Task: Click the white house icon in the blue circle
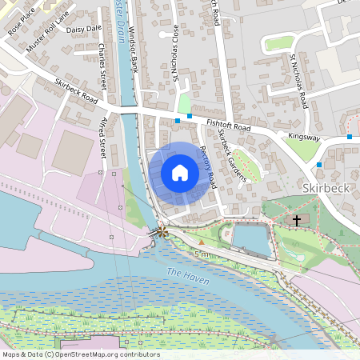(x=180, y=172)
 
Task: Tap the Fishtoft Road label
(x=228, y=126)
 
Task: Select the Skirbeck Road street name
(x=76, y=92)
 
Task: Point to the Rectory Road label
(x=209, y=166)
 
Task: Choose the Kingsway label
(x=304, y=138)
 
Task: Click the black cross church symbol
(x=297, y=219)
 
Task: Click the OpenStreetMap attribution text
(x=80, y=354)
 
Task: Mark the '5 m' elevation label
(x=201, y=254)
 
